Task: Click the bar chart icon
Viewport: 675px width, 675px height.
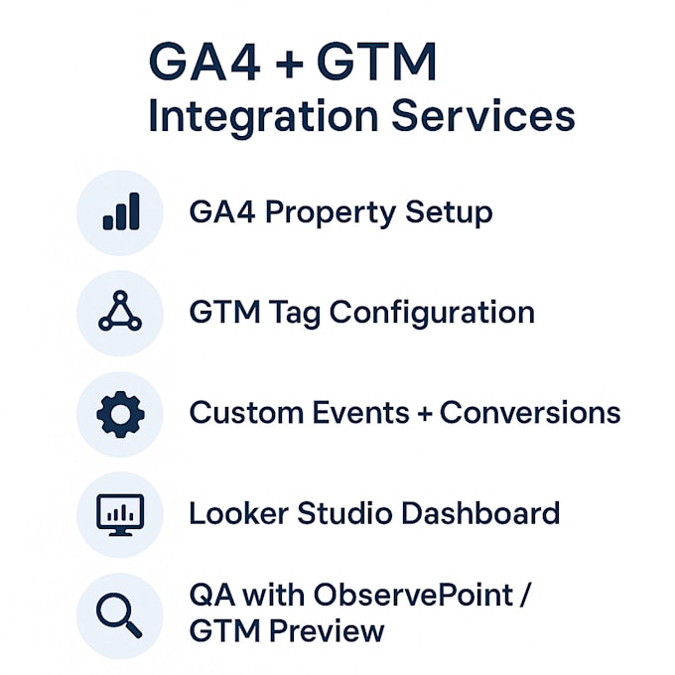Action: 121,211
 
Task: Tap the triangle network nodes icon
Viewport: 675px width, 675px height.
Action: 121,313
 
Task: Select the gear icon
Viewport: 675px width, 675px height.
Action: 121,413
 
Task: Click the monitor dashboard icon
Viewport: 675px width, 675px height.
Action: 121,514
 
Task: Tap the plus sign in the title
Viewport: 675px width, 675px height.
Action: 288,64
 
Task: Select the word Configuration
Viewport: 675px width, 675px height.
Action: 432,314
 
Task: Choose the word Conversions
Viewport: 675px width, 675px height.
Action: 530,412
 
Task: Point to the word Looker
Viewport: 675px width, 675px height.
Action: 234,513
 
